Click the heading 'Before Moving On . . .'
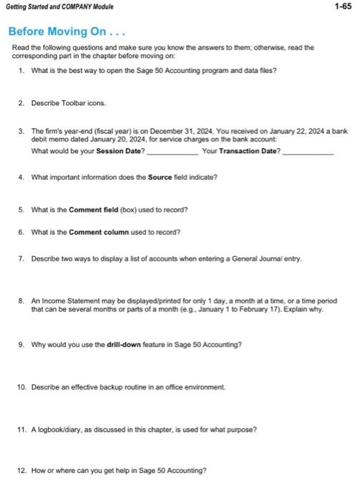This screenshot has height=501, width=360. (57, 32)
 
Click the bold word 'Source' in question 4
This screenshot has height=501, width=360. (160, 177)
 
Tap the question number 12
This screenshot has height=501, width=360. (21, 470)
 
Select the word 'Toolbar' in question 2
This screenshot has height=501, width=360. (72, 103)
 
